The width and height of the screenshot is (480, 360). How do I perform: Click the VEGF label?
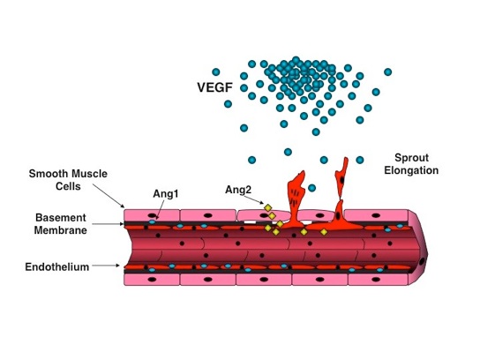tap(215, 87)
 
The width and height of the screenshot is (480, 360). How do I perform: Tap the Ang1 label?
tap(166, 194)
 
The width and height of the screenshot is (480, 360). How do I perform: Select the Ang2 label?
tap(238, 190)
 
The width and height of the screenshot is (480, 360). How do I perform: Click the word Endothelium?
tap(57, 267)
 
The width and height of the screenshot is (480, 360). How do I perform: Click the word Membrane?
tap(60, 230)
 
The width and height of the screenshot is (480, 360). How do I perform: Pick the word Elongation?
tap(411, 170)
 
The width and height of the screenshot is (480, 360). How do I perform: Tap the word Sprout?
tap(411, 158)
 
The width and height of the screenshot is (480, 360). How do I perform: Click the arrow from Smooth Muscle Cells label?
tap(109, 196)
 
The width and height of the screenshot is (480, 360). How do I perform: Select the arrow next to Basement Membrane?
tap(108, 224)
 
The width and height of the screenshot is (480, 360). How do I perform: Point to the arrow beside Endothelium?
tap(106, 266)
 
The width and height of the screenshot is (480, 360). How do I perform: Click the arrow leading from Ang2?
tap(254, 199)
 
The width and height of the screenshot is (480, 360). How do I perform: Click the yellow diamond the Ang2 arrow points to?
tap(268, 208)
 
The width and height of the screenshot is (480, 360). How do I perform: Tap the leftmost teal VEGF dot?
tap(216, 72)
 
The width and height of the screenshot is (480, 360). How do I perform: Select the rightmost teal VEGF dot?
tap(388, 72)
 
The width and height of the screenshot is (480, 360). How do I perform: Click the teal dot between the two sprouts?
tap(312, 188)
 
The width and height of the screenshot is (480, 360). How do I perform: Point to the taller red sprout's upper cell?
tap(341, 177)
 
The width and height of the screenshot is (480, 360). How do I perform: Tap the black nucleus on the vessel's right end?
tap(422, 261)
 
